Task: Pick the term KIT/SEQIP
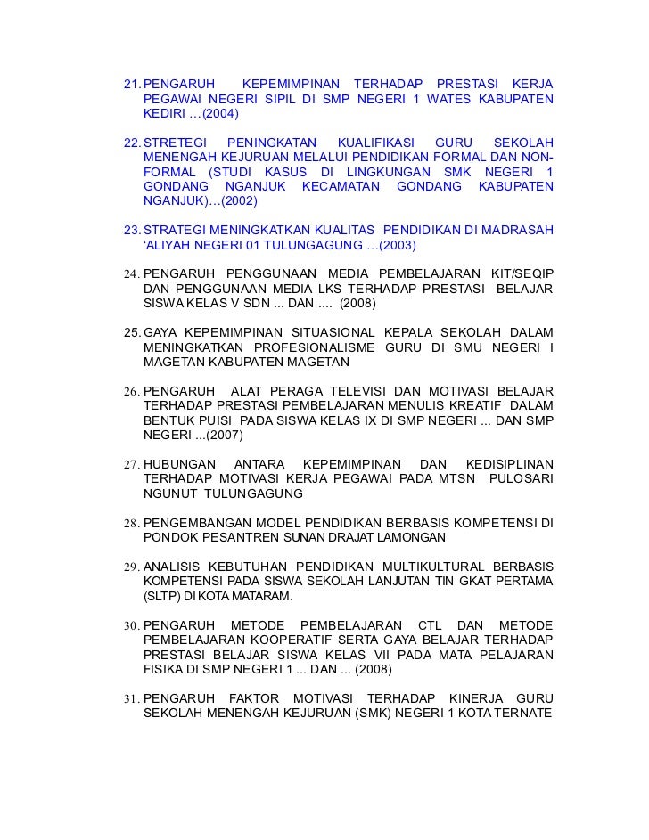tap(518, 273)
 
